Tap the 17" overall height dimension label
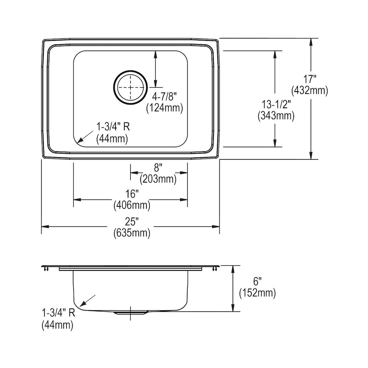point(310,79)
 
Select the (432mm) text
point(309,91)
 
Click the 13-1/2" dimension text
point(276,105)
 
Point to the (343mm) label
point(276,116)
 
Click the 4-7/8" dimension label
point(164,96)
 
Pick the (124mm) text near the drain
point(164,108)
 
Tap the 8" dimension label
point(158,168)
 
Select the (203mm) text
point(158,179)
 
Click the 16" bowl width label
point(132,194)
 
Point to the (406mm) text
point(132,206)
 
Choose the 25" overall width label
point(132,221)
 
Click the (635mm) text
point(132,233)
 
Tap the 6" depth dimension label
point(257,281)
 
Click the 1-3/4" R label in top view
point(113,127)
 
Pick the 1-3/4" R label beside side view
point(59,313)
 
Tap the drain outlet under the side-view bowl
point(131,313)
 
